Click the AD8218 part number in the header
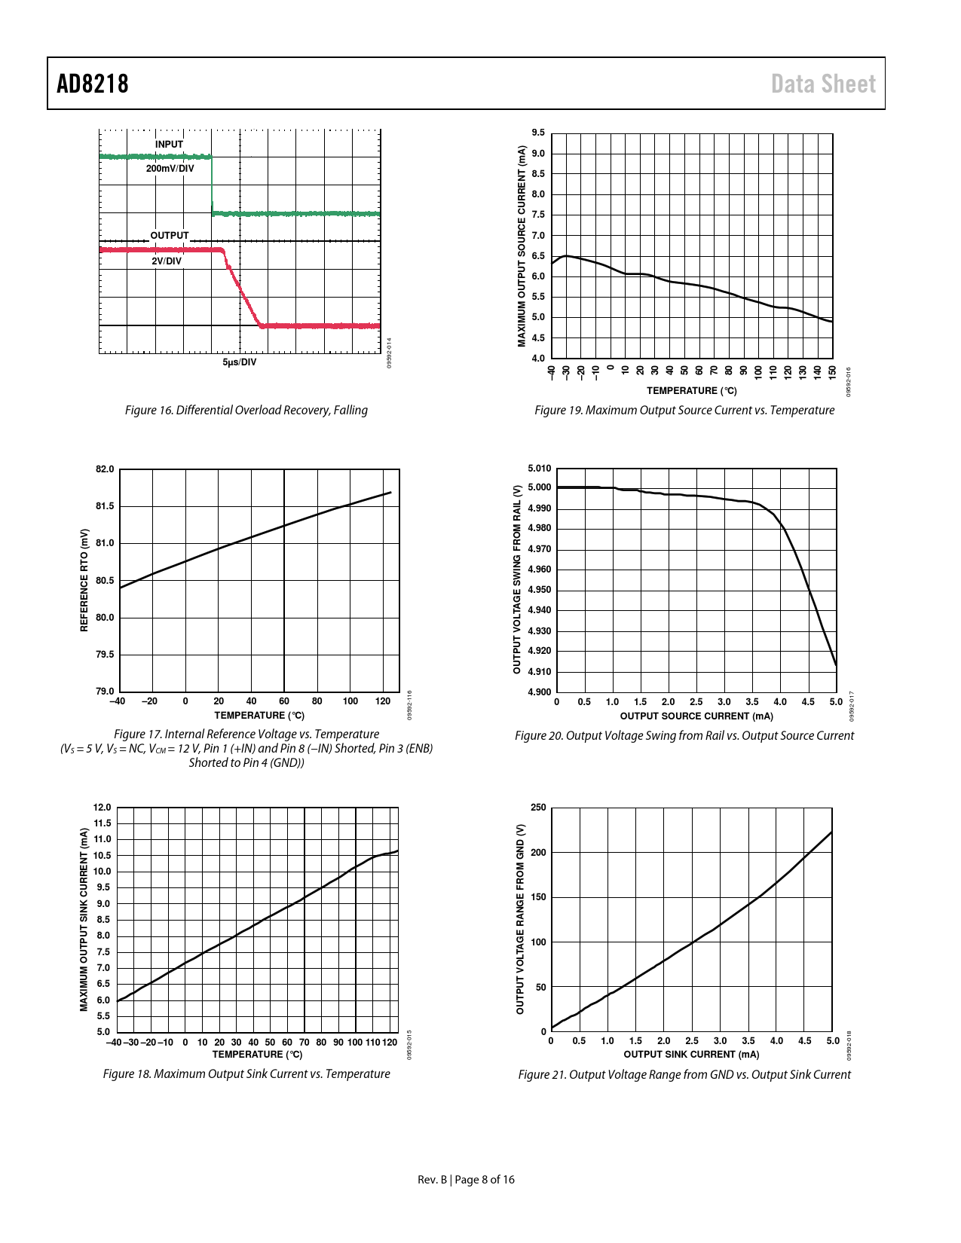tap(93, 84)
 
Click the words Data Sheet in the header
tap(823, 84)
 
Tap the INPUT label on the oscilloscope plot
tap(169, 144)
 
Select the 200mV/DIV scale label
tap(170, 169)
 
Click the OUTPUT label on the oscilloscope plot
tap(169, 236)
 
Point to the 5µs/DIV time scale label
tap(240, 362)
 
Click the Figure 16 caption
tap(246, 411)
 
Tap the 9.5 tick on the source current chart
tap(538, 133)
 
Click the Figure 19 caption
tap(684, 411)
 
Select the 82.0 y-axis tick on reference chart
tap(105, 469)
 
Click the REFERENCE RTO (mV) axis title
tap(84, 579)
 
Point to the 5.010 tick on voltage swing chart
tap(539, 468)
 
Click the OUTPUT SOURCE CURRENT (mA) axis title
tap(696, 716)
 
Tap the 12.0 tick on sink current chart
tap(102, 808)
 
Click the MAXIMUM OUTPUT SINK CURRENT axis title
tap(84, 919)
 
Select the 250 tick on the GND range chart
tap(538, 808)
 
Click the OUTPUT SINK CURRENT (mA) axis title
tap(691, 1055)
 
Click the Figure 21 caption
tap(684, 1075)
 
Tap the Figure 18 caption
tap(246, 1074)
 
